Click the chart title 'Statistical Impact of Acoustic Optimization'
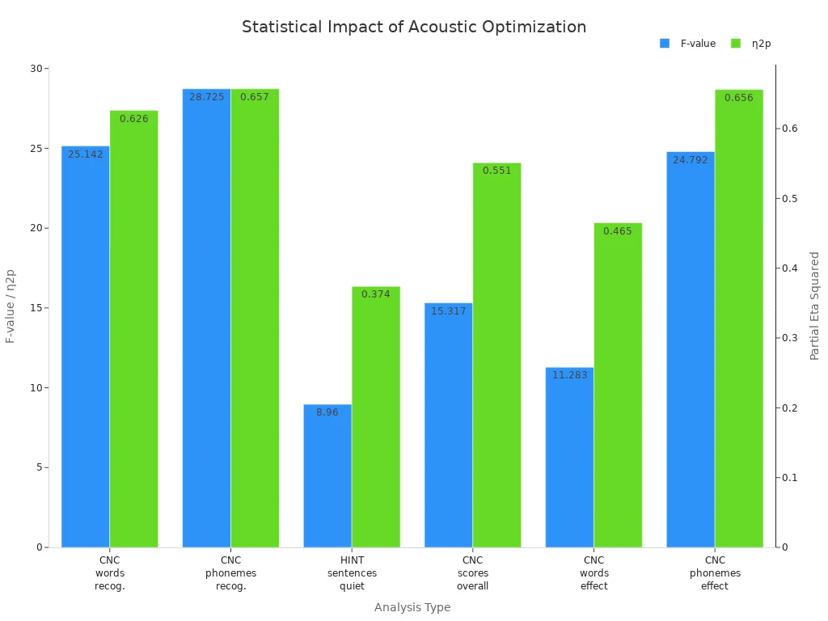(x=414, y=27)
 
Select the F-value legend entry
(x=687, y=44)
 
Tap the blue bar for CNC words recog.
(x=86, y=348)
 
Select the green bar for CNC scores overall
(x=496, y=355)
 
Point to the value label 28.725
(x=207, y=97)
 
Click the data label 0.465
(x=618, y=231)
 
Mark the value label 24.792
(x=691, y=160)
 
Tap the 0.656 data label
(x=738, y=98)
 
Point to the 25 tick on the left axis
(x=34, y=149)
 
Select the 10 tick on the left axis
(x=34, y=388)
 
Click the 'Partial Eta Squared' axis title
(x=814, y=306)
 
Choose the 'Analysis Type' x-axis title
(x=412, y=607)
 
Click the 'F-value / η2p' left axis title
(x=11, y=306)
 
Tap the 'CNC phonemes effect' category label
(x=715, y=573)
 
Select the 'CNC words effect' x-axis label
(x=594, y=573)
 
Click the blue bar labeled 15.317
(x=449, y=425)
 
